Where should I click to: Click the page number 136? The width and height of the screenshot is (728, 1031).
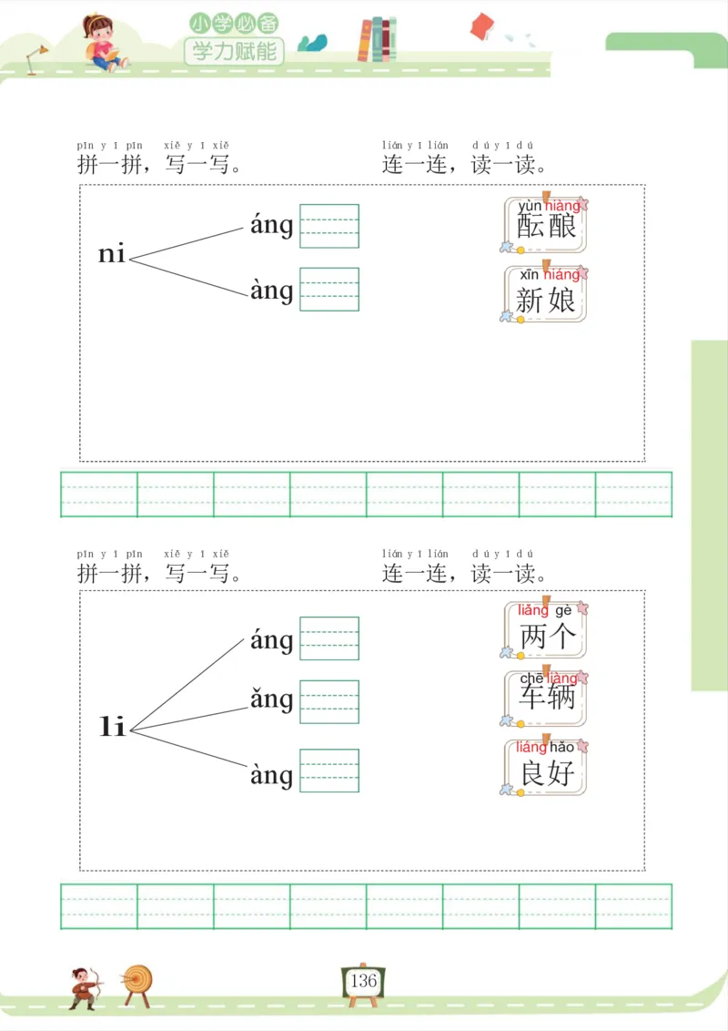[363, 981]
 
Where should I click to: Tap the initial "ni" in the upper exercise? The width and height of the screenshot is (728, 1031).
[112, 254]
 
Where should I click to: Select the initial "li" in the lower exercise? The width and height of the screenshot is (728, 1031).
[112, 727]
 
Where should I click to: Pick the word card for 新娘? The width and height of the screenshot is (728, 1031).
[546, 293]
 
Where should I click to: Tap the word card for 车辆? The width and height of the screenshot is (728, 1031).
[546, 698]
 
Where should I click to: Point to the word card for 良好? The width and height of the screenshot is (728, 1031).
[546, 767]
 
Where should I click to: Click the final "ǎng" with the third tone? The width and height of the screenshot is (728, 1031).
[271, 699]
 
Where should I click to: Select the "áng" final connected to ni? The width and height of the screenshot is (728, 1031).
[271, 225]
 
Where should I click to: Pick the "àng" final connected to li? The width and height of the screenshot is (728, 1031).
[271, 775]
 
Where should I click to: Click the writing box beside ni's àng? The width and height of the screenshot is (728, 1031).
[329, 289]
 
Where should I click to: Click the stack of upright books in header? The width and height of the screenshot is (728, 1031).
[377, 40]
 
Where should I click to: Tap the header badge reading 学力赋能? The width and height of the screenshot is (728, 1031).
[234, 51]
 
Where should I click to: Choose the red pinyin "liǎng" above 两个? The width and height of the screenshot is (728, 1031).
[533, 610]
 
